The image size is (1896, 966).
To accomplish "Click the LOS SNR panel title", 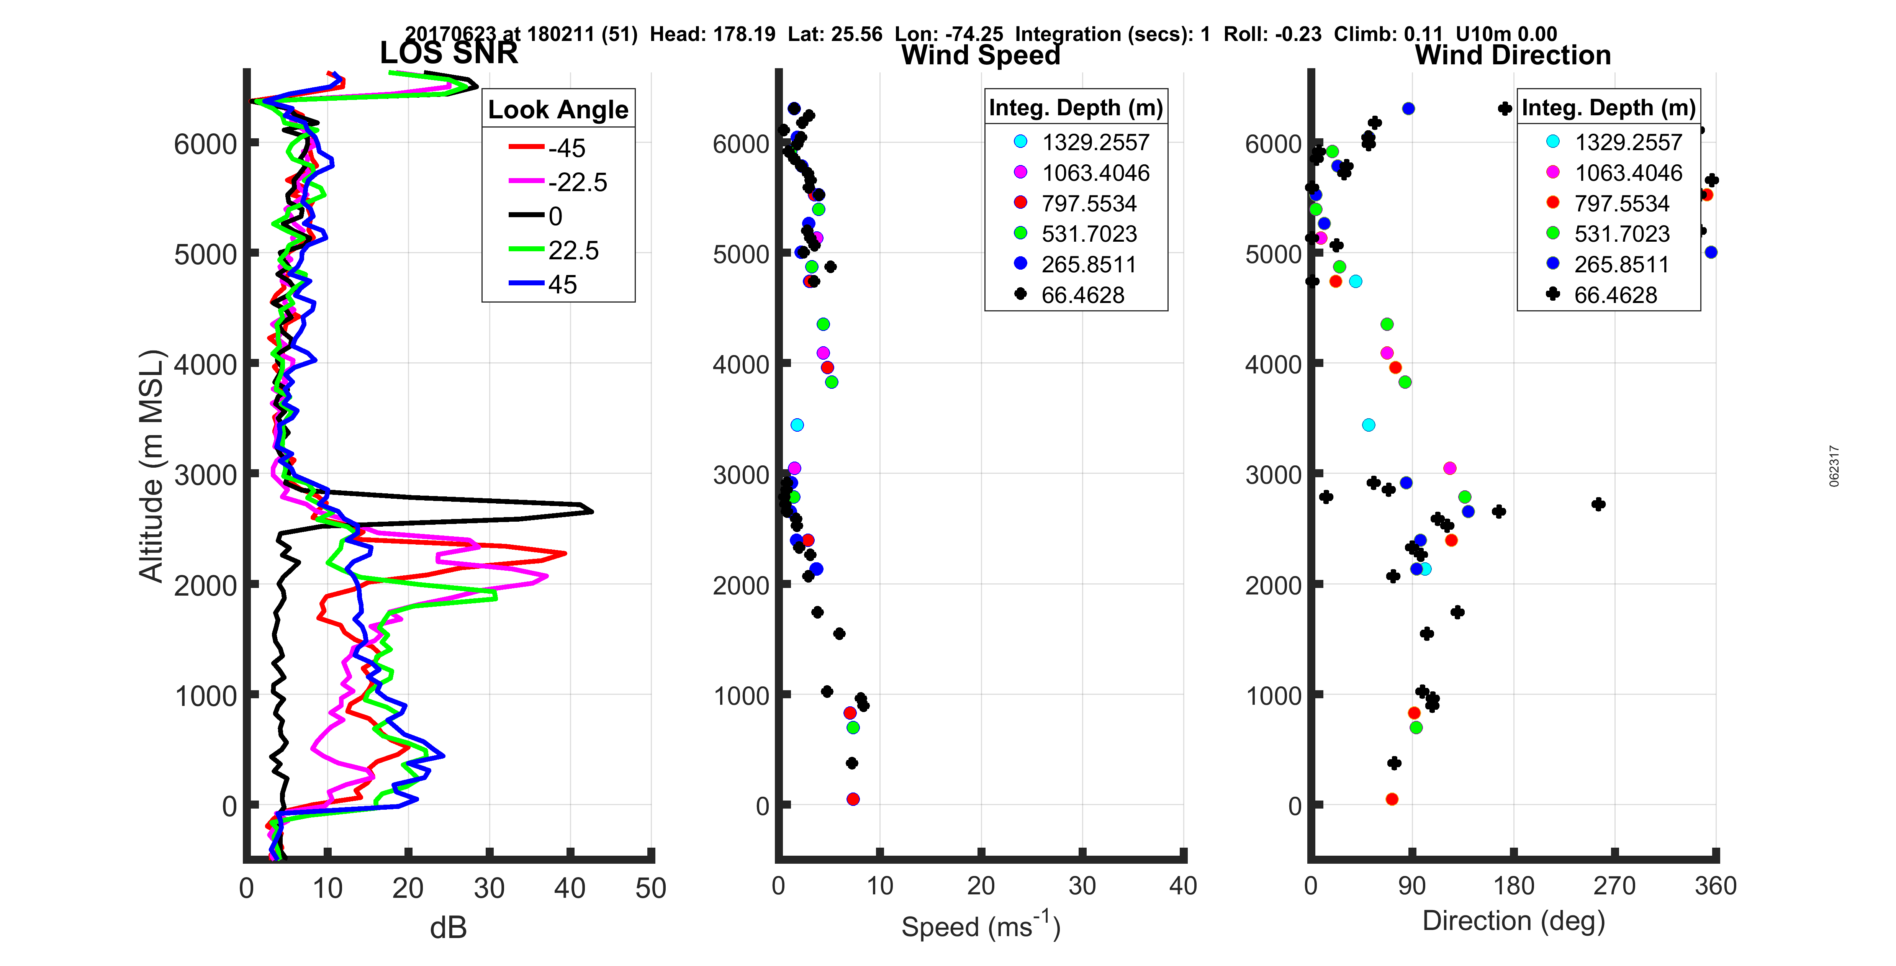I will [448, 53].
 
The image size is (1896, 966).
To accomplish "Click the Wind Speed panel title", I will [981, 55].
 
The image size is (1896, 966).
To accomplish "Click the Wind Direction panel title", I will [1513, 55].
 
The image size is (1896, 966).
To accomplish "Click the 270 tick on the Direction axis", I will [1614, 886].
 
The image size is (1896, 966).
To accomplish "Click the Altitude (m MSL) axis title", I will [151, 466].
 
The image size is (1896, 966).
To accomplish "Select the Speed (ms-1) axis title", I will [981, 925].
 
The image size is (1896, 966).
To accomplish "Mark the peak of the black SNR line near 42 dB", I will [591, 511].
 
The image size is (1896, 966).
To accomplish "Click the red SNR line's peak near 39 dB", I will [565, 553].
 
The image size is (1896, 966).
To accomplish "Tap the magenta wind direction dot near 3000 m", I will [1449, 468].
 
